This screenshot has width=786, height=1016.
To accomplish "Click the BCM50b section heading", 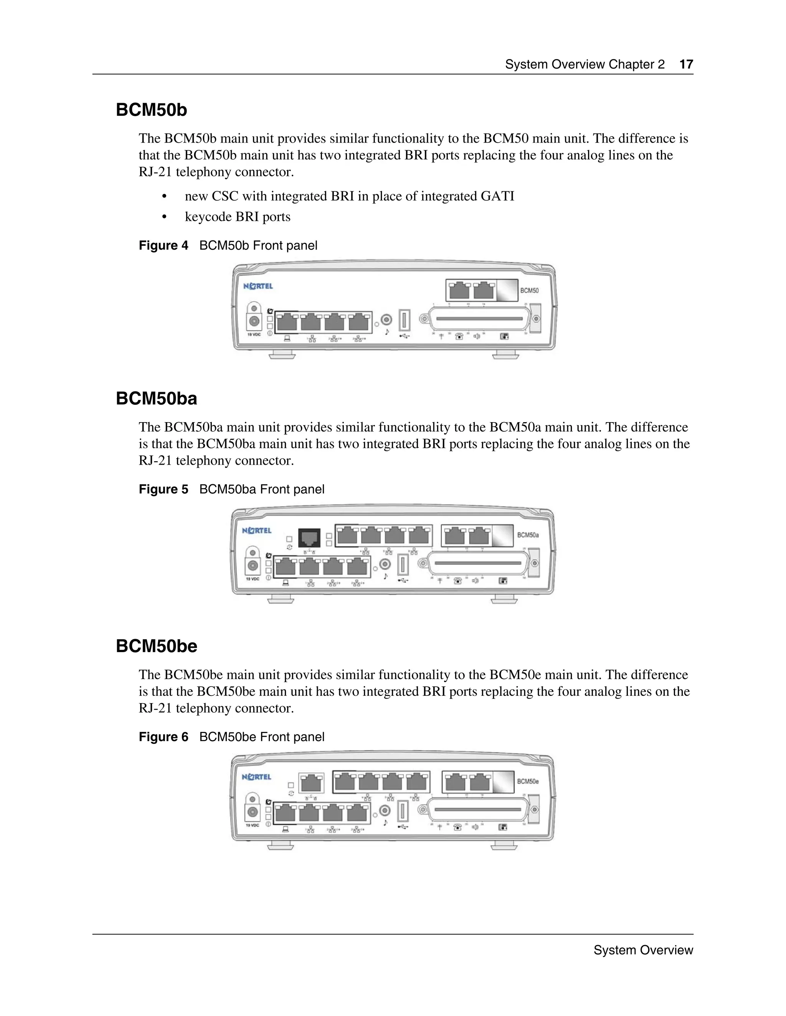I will [x=151, y=110].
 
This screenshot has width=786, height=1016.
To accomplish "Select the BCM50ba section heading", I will [x=157, y=399].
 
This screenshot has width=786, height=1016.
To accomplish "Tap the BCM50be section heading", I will [x=157, y=646].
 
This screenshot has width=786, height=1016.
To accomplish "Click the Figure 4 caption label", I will [x=163, y=246].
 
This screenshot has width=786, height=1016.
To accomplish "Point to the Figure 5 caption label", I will [x=163, y=489].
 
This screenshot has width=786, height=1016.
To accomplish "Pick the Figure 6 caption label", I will [x=163, y=737].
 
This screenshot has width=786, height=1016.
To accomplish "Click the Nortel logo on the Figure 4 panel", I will [x=258, y=286].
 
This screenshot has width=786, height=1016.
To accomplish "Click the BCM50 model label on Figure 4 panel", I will [x=529, y=291].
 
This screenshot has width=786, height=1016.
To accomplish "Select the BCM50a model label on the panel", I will [x=528, y=535].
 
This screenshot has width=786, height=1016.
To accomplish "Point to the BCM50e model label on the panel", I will [x=528, y=781].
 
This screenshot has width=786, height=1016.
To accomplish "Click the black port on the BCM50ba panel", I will [x=309, y=538].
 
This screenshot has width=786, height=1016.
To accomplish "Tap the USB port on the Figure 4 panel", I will [x=404, y=320].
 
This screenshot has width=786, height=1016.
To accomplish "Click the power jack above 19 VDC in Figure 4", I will [x=254, y=321].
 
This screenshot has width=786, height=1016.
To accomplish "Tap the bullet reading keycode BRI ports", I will [x=238, y=217].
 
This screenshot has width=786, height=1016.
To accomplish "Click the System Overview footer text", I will [x=643, y=950].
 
